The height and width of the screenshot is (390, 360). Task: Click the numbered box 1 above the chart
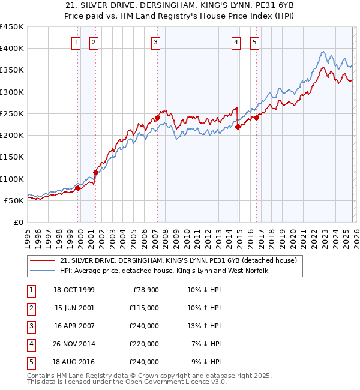coord(76,42)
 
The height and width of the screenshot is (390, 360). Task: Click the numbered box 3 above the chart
coord(155,42)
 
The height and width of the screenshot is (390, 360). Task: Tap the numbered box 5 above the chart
coord(255,42)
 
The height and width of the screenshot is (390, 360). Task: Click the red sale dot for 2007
coord(157,118)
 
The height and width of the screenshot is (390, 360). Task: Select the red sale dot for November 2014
coord(238,127)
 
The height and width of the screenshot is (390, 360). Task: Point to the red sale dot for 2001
coord(96,172)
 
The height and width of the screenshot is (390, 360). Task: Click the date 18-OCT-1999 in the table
coord(74,290)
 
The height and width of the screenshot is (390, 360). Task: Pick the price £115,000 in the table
coord(144,308)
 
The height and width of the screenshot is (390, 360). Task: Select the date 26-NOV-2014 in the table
coord(74,344)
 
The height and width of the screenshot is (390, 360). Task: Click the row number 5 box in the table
coord(31,362)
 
